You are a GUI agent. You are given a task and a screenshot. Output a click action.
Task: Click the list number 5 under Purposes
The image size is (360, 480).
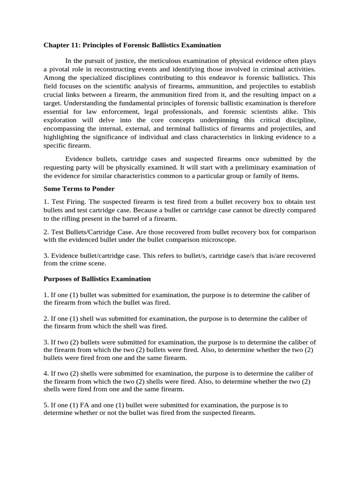(x=45, y=405)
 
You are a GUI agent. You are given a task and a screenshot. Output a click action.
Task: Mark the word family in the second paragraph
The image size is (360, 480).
(x=266, y=176)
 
